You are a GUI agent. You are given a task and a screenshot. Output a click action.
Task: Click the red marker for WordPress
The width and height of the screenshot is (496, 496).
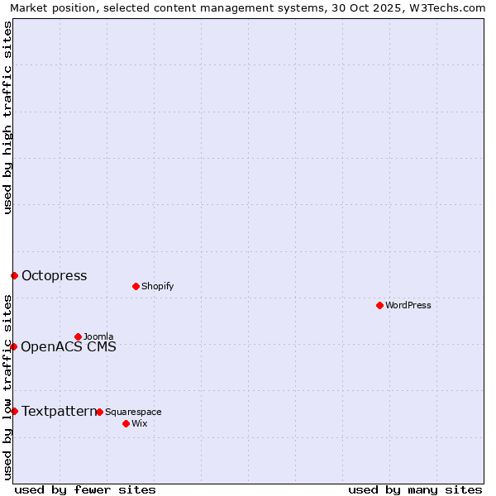tap(379, 305)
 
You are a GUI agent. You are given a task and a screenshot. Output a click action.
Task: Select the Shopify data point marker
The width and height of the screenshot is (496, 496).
tap(136, 286)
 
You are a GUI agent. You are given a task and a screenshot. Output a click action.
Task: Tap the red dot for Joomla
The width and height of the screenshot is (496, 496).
tap(79, 336)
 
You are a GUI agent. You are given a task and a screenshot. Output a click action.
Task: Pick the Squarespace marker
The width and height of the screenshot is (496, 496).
tap(99, 412)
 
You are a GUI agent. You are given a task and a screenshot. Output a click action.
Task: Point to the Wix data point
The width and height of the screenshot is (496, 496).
tap(126, 423)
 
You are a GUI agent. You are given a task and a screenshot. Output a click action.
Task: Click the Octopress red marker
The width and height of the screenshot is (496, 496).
tap(14, 275)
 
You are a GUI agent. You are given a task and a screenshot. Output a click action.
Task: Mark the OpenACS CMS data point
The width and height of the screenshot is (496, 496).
tap(14, 346)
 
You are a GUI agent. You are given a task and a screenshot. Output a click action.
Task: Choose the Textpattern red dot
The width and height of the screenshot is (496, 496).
tap(14, 411)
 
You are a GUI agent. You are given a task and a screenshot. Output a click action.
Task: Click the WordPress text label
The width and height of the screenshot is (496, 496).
tap(408, 305)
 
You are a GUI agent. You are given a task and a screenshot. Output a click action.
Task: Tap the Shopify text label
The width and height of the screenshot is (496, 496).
tap(157, 286)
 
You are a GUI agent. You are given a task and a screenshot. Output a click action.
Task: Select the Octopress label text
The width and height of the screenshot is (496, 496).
tap(54, 276)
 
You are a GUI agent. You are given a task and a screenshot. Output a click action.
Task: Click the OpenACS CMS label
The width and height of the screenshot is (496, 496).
tap(69, 346)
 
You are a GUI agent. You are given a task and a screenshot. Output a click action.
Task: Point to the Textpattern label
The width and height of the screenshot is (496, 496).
tap(58, 411)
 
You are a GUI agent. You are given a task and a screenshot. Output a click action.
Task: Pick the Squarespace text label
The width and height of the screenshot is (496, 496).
tap(133, 412)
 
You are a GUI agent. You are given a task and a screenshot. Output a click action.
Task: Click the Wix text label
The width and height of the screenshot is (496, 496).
tap(140, 423)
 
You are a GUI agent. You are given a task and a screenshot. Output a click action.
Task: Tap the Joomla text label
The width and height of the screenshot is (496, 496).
tap(98, 336)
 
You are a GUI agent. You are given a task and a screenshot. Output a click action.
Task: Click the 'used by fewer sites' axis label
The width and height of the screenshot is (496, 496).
tap(85, 489)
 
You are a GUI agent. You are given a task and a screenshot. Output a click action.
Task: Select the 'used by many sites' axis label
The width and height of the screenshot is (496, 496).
tap(415, 489)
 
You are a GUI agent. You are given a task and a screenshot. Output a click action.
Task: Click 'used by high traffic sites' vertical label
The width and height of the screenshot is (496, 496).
tap(7, 117)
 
